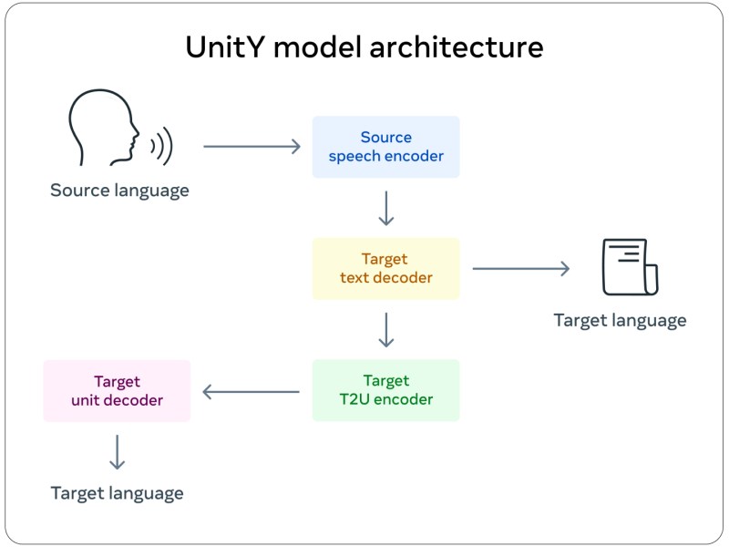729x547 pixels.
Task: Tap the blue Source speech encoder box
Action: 385,147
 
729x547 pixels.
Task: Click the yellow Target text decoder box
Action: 385,268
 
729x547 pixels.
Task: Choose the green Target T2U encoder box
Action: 385,390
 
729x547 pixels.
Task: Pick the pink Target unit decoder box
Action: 117,390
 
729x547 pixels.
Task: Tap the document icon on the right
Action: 630,266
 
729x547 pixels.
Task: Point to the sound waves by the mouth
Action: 161,145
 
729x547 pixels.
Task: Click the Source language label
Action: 119,191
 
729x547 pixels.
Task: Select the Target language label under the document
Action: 620,320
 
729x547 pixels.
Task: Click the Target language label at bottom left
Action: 117,493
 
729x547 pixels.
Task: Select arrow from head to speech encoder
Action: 252,146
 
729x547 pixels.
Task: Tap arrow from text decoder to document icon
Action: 520,268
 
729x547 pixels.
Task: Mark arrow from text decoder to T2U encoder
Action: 385,329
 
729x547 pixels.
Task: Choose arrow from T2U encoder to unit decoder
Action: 252,391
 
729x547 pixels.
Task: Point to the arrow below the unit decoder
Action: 117,451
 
